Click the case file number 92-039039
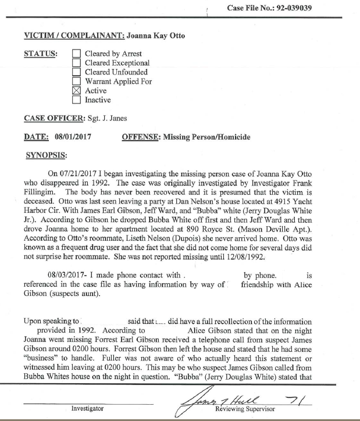(x=329, y=8)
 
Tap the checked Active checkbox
(x=76, y=91)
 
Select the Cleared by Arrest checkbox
(x=76, y=53)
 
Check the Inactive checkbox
(x=76, y=100)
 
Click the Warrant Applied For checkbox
(x=76, y=81)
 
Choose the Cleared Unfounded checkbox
(x=76, y=72)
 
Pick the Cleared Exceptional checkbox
(x=76, y=63)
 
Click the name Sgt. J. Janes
(x=108, y=119)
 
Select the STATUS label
(x=40, y=53)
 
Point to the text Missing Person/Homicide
(x=207, y=137)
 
